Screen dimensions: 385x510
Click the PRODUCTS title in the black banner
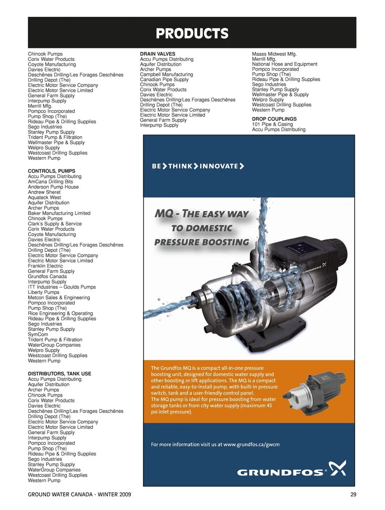pyautogui.click(x=192, y=33)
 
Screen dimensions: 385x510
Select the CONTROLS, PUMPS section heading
pyautogui.click(x=51, y=171)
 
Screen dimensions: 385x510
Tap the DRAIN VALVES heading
pyautogui.click(x=158, y=54)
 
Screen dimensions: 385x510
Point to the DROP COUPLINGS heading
pyautogui.click(x=274, y=119)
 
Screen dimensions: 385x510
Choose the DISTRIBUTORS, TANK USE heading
pyautogui.click(x=59, y=373)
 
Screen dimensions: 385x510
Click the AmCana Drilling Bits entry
pyautogui.click(x=50, y=181)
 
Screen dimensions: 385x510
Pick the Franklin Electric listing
pyautogui.click(x=45, y=266)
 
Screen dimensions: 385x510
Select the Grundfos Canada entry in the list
pyautogui.click(x=47, y=276)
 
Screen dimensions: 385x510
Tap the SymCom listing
pyautogui.click(x=38, y=334)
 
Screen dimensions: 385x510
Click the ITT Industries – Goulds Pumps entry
pyautogui.click(x=62, y=287)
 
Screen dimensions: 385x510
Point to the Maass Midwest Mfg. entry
pyautogui.click(x=274, y=54)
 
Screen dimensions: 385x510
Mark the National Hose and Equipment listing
pyautogui.click(x=284, y=64)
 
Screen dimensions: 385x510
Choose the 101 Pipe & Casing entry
pyautogui.click(x=272, y=124)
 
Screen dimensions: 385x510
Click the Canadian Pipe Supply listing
pyautogui.click(x=164, y=79)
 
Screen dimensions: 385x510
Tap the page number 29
pyautogui.click(x=353, y=494)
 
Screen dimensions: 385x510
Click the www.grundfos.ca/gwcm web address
pyautogui.click(x=251, y=444)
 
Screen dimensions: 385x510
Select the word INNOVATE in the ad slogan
pyautogui.click(x=219, y=166)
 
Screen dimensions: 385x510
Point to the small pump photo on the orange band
pyautogui.click(x=314, y=394)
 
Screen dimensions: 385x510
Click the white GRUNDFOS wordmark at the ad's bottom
pyautogui.click(x=280, y=473)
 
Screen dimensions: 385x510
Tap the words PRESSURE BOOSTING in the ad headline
pyautogui.click(x=202, y=242)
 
